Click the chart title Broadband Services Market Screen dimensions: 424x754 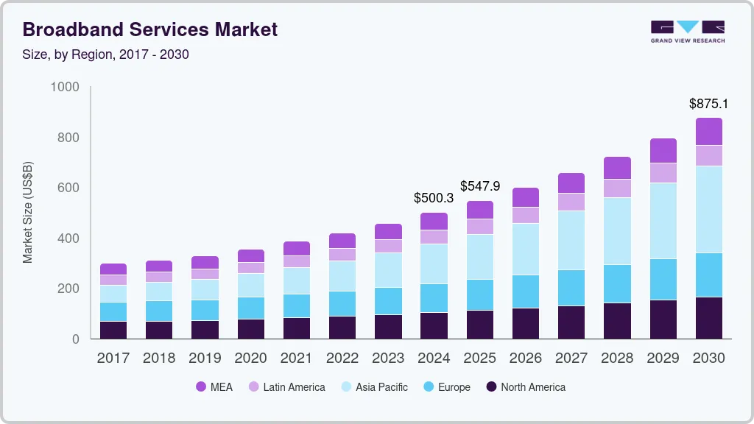point(150,29)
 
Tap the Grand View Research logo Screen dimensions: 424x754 point(687,32)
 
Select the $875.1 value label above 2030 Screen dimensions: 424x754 point(708,104)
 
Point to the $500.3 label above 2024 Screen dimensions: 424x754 point(433,198)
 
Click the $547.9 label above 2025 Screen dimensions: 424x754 point(480,186)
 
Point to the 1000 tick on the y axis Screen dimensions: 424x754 point(65,87)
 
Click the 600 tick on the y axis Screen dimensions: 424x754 point(68,188)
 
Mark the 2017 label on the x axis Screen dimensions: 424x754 point(113,358)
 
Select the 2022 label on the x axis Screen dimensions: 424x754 point(342,358)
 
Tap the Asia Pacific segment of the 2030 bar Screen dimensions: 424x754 point(708,209)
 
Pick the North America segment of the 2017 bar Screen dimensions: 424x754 point(113,330)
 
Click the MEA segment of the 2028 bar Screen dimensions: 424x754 point(617,168)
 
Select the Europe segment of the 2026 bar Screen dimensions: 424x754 point(526,291)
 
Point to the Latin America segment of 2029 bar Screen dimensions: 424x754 point(663,173)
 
